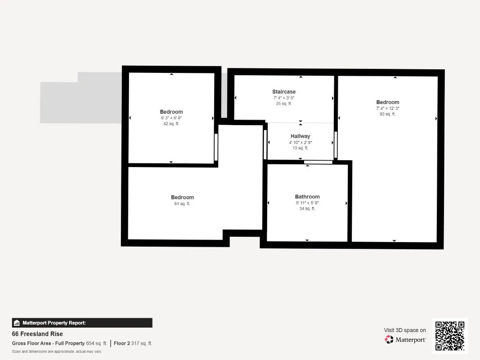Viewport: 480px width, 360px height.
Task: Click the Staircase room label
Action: [x=284, y=91]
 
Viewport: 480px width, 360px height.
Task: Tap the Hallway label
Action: [x=301, y=136]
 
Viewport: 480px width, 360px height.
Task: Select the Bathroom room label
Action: [x=307, y=197]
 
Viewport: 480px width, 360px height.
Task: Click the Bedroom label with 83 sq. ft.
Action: [x=387, y=102]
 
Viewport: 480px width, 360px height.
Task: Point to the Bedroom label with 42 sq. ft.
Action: [x=171, y=112]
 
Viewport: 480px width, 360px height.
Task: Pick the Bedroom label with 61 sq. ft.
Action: [x=182, y=197]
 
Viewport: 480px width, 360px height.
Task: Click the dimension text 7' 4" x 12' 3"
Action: [x=387, y=108]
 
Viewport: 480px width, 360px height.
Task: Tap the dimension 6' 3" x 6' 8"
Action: [x=171, y=118]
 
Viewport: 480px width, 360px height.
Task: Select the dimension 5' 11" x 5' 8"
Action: [x=307, y=203]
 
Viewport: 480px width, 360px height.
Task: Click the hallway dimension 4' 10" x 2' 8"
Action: [x=301, y=142]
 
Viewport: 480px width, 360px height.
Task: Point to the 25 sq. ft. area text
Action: [x=283, y=103]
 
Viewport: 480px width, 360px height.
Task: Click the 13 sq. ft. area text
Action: [x=301, y=148]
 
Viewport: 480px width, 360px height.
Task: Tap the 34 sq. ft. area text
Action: [x=307, y=208]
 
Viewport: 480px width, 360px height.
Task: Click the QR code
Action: [x=450, y=336]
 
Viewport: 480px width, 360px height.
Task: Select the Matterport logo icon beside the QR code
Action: [x=389, y=339]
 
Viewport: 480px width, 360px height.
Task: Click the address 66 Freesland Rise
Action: [x=37, y=333]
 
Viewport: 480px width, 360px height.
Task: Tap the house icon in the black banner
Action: [x=17, y=323]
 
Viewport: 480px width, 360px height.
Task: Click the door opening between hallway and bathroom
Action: [x=319, y=162]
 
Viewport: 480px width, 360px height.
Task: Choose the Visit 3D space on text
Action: [x=405, y=330]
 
